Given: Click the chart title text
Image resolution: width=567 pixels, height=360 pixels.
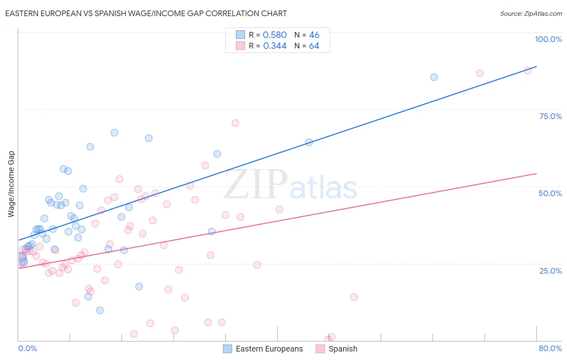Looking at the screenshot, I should click(146, 13).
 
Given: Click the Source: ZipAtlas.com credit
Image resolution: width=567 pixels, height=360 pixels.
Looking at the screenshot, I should click(531, 13).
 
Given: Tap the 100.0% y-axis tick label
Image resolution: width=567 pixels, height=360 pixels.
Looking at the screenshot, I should click(548, 39).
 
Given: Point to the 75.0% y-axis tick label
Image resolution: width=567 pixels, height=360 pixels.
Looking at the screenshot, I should click(550, 116).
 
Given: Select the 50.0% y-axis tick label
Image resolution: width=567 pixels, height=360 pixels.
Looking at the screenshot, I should click(550, 193).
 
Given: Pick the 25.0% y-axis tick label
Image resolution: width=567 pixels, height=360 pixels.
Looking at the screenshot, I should click(550, 270).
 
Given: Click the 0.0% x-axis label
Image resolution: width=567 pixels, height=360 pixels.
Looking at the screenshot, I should click(27, 348).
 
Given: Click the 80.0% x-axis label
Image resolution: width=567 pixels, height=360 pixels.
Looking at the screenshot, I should click(550, 348).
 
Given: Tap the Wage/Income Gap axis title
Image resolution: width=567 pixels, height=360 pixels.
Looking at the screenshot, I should click(11, 184).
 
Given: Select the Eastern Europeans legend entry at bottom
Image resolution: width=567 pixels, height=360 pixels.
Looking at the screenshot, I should click(269, 349).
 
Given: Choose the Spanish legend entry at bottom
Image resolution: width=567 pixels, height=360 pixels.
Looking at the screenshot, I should click(342, 349).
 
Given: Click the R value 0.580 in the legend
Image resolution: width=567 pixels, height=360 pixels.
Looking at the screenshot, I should click(275, 35).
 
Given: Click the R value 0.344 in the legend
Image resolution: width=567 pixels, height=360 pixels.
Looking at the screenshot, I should click(275, 46).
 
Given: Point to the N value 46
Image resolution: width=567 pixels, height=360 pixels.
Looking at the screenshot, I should click(314, 35).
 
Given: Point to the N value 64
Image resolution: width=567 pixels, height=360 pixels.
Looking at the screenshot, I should click(314, 46).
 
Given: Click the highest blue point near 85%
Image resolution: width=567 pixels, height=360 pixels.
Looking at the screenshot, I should click(434, 77).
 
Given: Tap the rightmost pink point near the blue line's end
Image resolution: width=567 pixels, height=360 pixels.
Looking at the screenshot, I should click(527, 70).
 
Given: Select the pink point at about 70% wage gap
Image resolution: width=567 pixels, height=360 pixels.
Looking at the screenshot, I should click(235, 123).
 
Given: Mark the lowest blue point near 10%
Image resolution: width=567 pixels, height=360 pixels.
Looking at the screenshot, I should click(100, 310).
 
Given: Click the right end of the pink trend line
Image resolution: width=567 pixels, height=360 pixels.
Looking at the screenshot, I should click(536, 174).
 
